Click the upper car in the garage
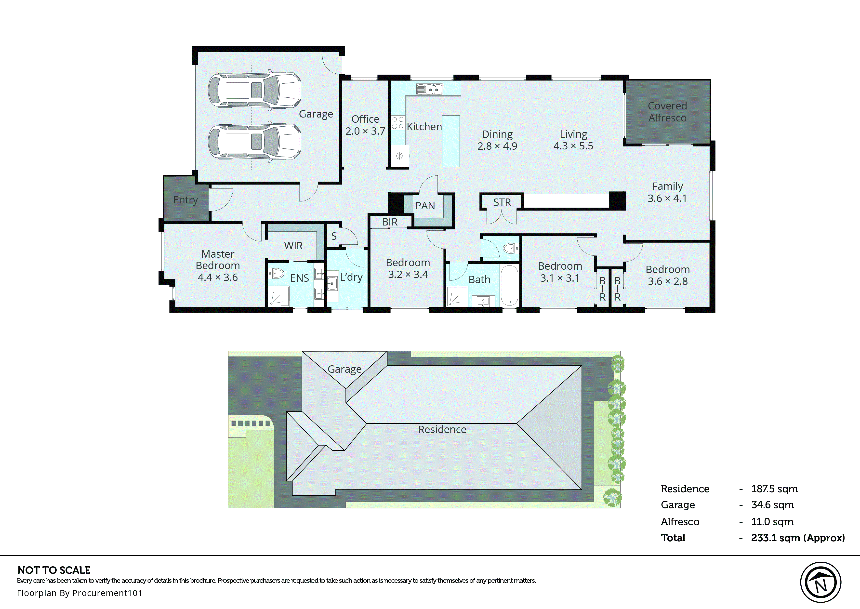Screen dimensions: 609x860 click(254, 90)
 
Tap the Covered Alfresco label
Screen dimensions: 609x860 click(667, 112)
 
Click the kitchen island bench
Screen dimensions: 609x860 click(451, 141)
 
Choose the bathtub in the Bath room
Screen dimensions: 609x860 click(509, 285)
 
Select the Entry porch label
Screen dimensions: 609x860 click(185, 200)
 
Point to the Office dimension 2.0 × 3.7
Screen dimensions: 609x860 click(365, 131)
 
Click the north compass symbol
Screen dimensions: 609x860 click(821, 582)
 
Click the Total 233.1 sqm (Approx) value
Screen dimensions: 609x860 click(797, 538)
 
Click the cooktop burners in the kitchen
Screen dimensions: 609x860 click(398, 123)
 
